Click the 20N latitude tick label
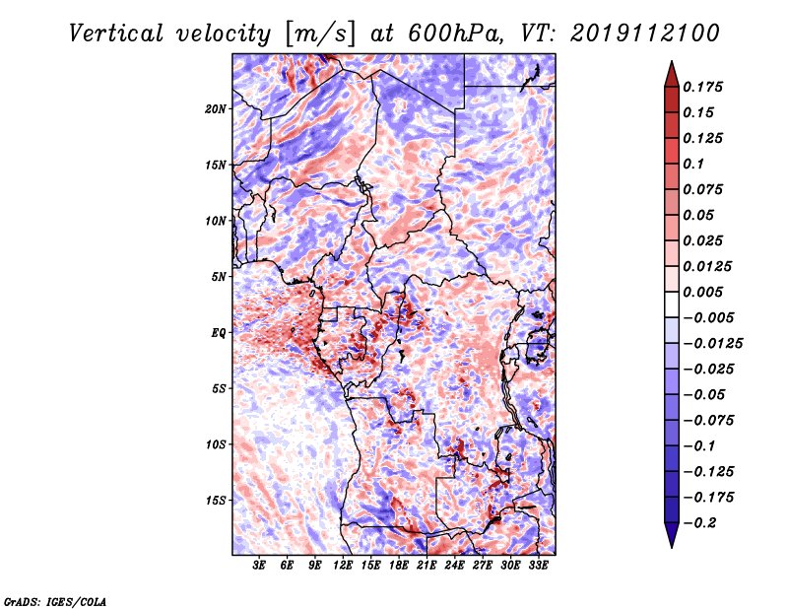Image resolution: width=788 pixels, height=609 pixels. click(216, 109)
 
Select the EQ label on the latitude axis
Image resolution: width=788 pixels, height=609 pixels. click(218, 333)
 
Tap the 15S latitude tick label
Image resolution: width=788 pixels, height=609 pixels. click(216, 501)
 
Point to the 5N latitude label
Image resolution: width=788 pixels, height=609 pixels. click(219, 277)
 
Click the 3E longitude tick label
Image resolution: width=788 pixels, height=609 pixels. click(259, 566)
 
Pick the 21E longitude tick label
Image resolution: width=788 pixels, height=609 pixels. click(427, 566)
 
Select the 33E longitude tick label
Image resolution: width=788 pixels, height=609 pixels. click(538, 566)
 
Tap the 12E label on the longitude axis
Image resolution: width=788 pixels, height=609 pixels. click(342, 566)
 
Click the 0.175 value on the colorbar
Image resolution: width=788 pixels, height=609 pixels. click(702, 87)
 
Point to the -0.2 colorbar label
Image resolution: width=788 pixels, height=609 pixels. click(699, 523)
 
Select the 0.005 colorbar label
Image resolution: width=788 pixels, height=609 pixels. click(702, 292)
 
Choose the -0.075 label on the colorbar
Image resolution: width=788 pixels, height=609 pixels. click(708, 421)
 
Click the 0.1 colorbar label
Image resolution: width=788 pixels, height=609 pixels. click(693, 164)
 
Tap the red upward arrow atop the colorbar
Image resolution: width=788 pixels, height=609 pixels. click(672, 74)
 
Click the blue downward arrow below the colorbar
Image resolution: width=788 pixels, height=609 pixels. click(672, 535)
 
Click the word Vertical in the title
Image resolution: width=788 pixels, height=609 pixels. click(116, 34)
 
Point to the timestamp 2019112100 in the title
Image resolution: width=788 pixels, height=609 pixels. click(645, 34)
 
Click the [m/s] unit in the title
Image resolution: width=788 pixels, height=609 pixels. click(319, 34)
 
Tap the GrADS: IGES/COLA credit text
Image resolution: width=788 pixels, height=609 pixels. click(55, 602)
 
